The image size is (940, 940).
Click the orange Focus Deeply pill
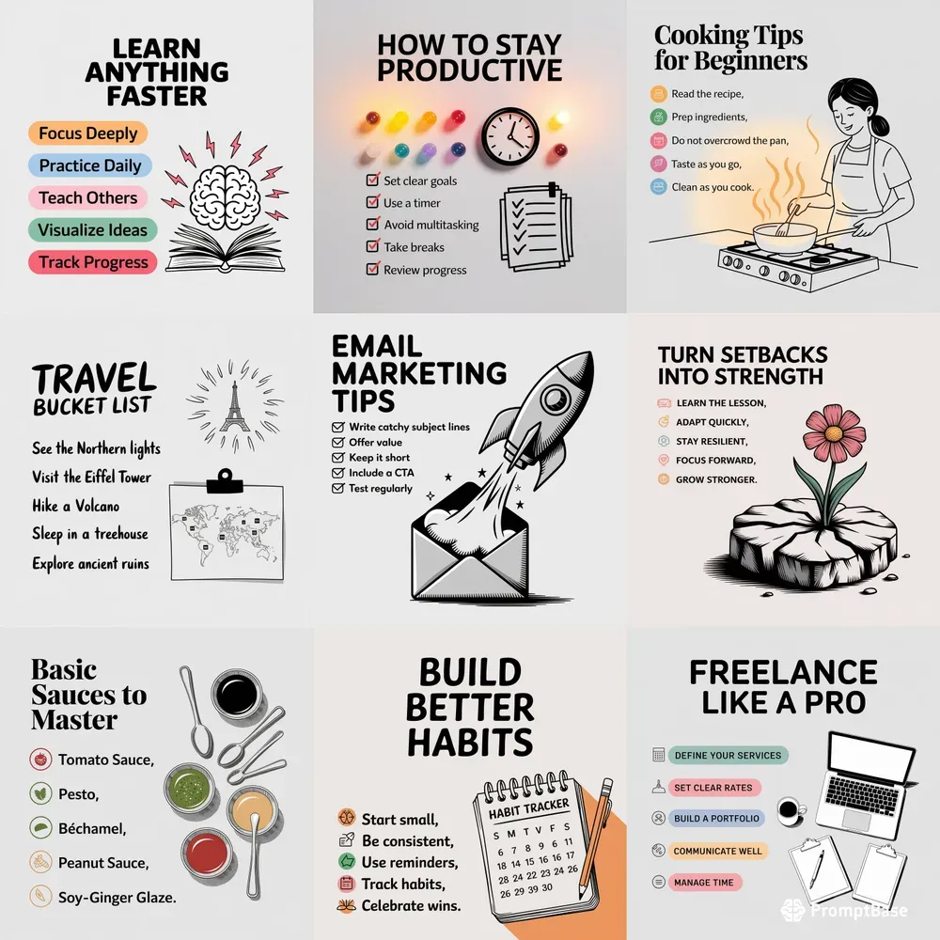click(x=88, y=133)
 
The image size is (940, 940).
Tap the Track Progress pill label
click(x=93, y=262)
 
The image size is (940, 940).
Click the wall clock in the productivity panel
click(x=510, y=136)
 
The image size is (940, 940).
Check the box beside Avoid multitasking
click(x=373, y=225)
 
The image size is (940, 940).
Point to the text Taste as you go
click(x=706, y=164)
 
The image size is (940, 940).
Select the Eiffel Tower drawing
click(x=234, y=407)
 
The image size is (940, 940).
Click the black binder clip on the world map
click(x=225, y=481)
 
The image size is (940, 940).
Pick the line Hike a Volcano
click(x=75, y=506)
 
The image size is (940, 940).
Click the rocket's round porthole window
click(x=556, y=397)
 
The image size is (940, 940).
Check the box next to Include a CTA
click(x=337, y=473)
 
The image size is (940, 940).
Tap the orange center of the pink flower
click(x=834, y=432)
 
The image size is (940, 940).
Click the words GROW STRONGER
click(x=716, y=479)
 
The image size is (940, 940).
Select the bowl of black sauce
click(x=236, y=694)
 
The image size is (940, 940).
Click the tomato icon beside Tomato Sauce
click(x=40, y=760)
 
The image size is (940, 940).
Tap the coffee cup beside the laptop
click(x=791, y=810)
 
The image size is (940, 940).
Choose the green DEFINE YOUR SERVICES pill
click(x=728, y=756)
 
